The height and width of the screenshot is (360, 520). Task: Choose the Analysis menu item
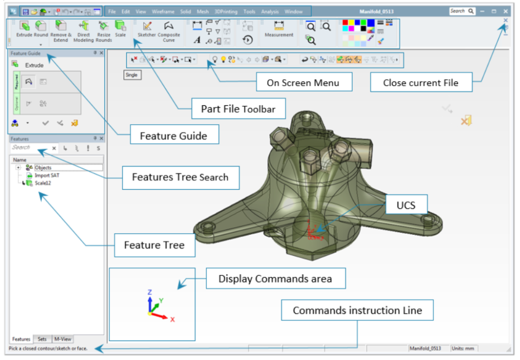pyautogui.click(x=270, y=11)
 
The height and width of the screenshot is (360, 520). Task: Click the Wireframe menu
pyautogui.click(x=163, y=11)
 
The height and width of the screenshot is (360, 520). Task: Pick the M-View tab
pyautogui.click(x=62, y=339)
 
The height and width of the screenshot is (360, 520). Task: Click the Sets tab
pyautogui.click(x=42, y=339)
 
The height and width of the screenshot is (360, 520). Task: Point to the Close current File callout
pyautogui.click(x=420, y=83)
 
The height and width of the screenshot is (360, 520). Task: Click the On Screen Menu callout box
pyautogui.click(x=303, y=83)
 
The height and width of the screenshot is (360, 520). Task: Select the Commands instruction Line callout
pyautogui.click(x=356, y=311)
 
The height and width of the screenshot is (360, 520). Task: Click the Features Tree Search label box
pyautogui.click(x=180, y=177)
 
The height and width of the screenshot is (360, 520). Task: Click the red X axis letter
pyautogui.click(x=172, y=320)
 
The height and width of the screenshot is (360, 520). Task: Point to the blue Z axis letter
pyautogui.click(x=149, y=292)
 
